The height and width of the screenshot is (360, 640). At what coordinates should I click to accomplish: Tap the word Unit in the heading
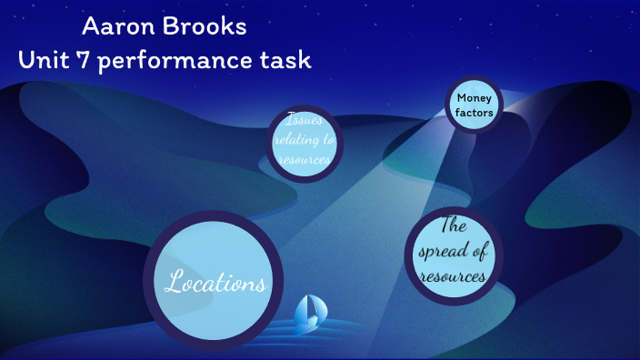[45, 61]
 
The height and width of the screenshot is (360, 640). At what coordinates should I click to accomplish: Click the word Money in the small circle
[474, 98]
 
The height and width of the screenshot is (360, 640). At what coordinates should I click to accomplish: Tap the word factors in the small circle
[475, 114]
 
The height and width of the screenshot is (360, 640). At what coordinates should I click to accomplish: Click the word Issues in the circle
[304, 119]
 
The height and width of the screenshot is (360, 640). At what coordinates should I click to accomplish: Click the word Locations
[215, 283]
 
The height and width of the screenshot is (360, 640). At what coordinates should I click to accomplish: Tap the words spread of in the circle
[454, 252]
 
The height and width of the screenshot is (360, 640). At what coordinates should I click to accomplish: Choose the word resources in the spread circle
[454, 276]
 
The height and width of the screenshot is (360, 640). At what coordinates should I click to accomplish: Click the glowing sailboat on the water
[309, 312]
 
